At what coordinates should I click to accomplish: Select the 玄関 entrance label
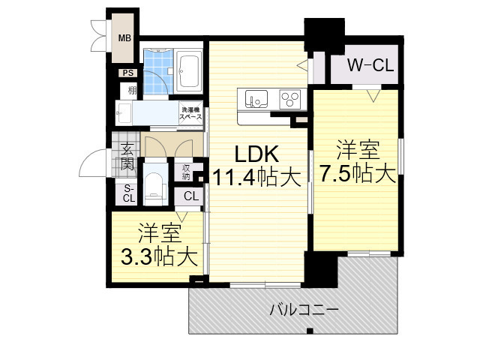point(127,156)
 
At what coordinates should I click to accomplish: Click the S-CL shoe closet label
point(128,193)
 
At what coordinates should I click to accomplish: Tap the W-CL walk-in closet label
point(370,66)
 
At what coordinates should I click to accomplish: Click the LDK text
point(258,154)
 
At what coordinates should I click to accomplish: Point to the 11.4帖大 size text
point(258,178)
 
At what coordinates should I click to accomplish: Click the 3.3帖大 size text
point(159,257)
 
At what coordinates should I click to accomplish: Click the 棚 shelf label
point(132,91)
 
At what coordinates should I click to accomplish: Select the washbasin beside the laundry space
point(124,115)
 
